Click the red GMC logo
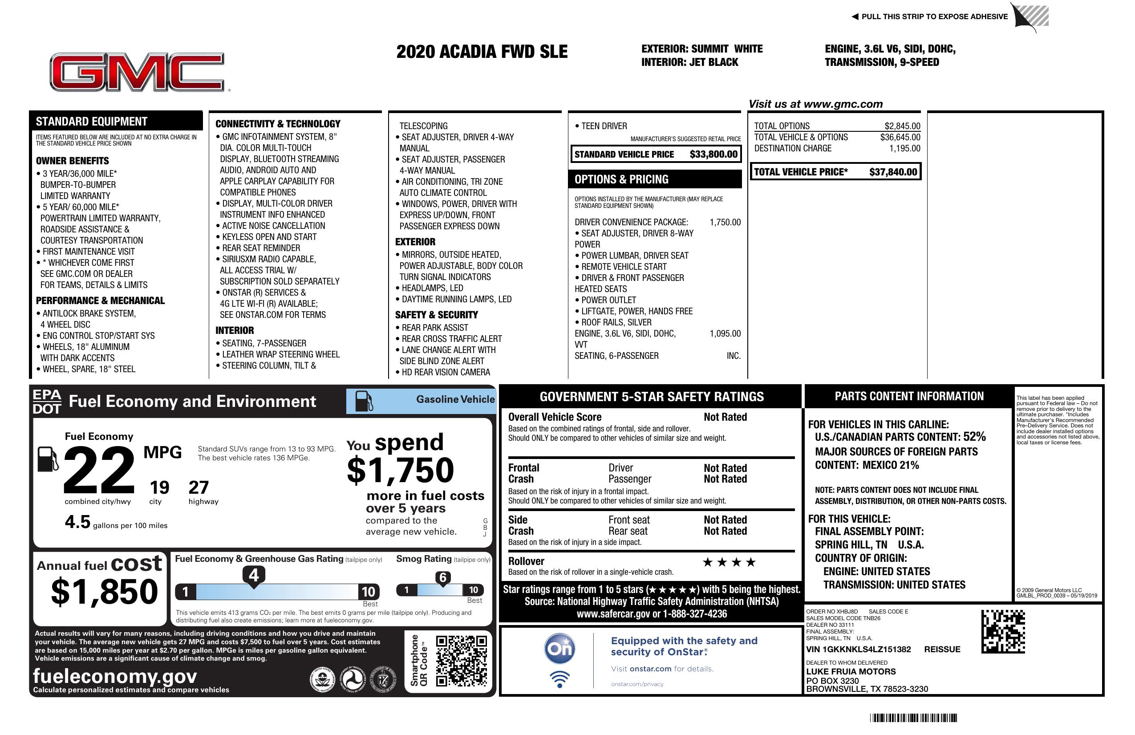pos(138,72)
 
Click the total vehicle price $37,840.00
pos(893,172)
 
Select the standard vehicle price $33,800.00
pos(713,154)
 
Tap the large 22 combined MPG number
pos(99,470)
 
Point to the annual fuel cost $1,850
pos(104,592)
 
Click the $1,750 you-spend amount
pos(401,470)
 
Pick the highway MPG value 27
pos(199,487)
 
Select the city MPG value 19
pos(159,487)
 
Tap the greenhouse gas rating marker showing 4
pos(254,575)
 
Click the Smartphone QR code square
pos(461,661)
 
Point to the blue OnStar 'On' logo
pos(559,649)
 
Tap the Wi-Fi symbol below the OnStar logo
pos(559,679)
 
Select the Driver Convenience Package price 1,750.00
pos(725,222)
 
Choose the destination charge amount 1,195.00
pos(904,148)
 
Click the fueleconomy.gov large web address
pos(115,676)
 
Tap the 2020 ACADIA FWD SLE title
pos(482,52)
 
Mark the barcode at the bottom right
pos(913,718)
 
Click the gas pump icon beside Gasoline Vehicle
pos(364,401)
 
